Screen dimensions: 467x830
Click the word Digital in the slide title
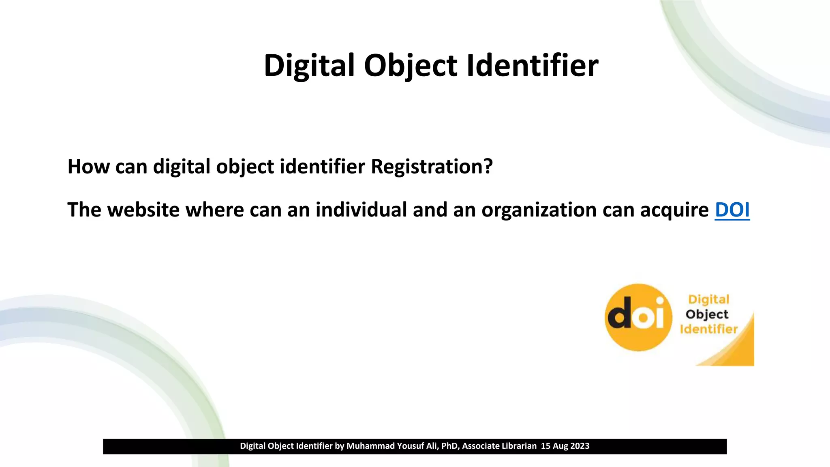point(309,66)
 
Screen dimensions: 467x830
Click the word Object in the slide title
point(411,66)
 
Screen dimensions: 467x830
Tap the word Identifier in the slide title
point(533,66)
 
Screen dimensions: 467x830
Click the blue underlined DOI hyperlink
point(732,210)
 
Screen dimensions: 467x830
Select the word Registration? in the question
point(432,167)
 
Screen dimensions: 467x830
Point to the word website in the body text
point(143,210)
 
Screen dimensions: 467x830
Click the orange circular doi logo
point(638,317)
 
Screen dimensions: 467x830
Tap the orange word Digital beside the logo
point(708,300)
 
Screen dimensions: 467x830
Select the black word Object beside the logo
point(707,315)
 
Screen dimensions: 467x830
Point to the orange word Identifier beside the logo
point(708,329)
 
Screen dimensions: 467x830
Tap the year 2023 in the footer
point(580,446)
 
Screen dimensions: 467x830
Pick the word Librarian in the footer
point(518,446)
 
